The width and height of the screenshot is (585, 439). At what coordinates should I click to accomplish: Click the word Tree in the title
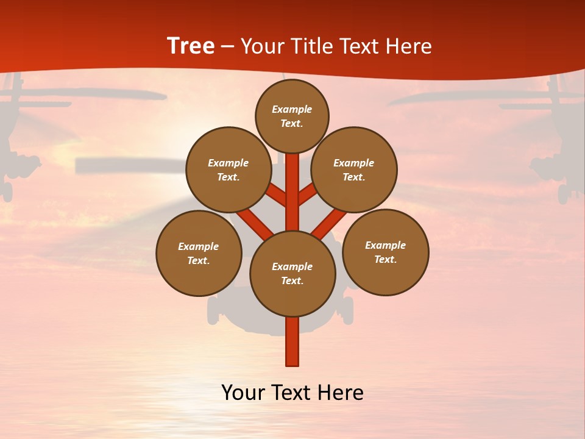[x=191, y=46]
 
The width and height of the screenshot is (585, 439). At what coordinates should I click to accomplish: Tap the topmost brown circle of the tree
[x=292, y=116]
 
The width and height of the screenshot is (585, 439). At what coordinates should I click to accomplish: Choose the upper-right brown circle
[x=354, y=170]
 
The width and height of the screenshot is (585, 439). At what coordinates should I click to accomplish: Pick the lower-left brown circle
[x=199, y=254]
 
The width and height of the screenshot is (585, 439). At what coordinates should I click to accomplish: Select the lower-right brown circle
[x=385, y=252]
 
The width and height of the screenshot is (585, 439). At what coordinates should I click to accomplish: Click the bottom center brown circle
[x=292, y=274]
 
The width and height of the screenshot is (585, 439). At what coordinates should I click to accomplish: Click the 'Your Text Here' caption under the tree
[x=292, y=393]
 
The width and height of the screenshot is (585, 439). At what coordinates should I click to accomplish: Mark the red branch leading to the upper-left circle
[x=277, y=196]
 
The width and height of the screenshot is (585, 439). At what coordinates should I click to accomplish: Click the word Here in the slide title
[x=408, y=46]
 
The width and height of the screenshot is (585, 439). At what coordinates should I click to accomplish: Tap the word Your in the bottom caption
[x=244, y=393]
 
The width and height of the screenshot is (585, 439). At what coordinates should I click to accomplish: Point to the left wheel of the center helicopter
[x=213, y=311]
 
